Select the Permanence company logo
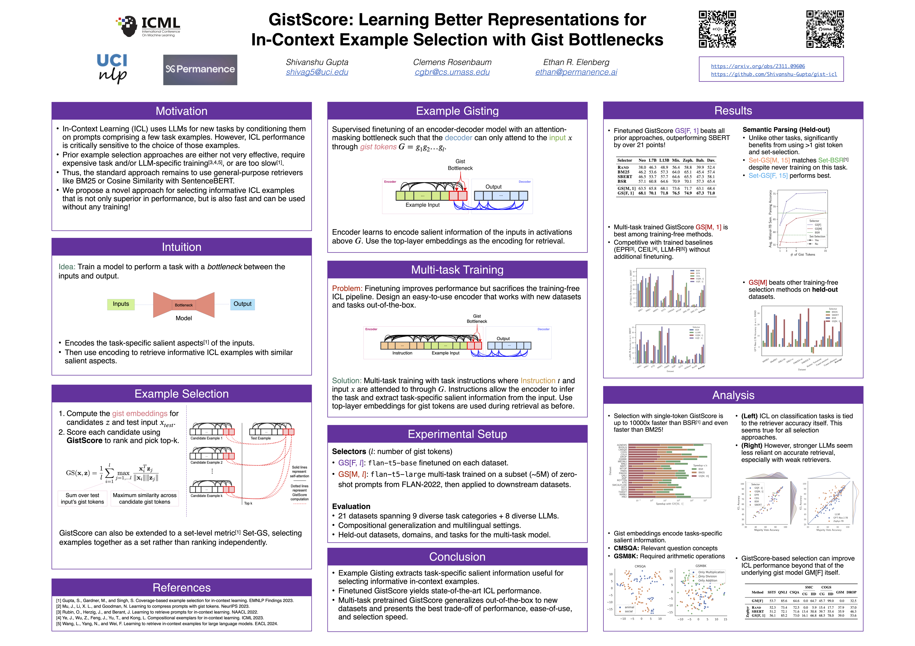click(x=200, y=70)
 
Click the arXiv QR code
click(x=717, y=29)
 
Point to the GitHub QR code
click(x=825, y=29)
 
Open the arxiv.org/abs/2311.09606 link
click(x=758, y=66)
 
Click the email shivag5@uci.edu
click(x=317, y=72)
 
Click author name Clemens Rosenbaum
click(x=452, y=62)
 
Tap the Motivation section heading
click(x=181, y=111)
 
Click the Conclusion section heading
click(x=457, y=557)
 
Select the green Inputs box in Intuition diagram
click(x=121, y=304)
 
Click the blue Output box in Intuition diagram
click(x=242, y=304)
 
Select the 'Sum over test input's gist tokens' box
click(x=82, y=498)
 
